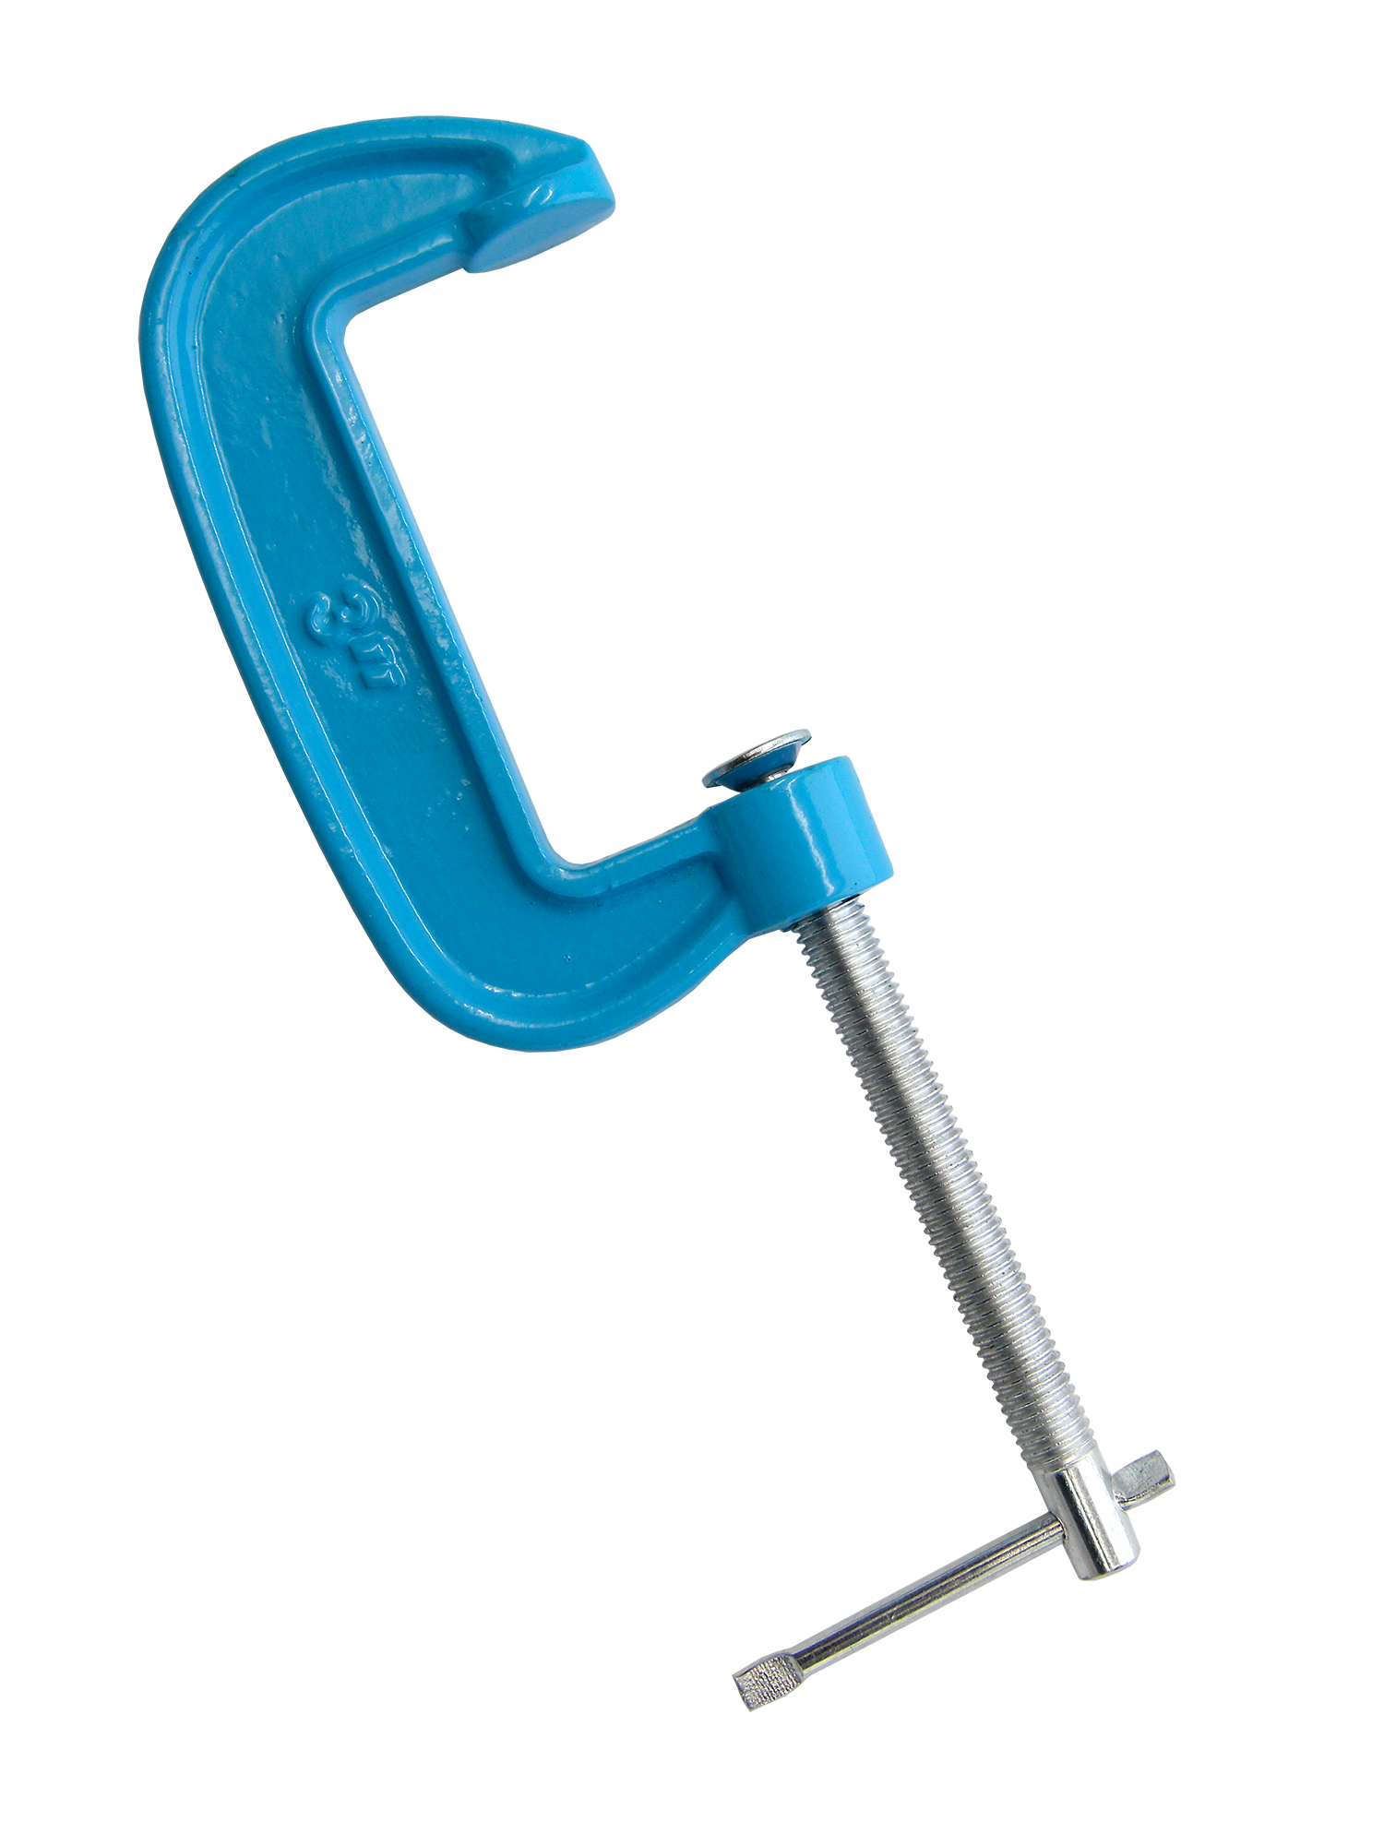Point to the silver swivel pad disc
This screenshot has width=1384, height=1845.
[x=757, y=758]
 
